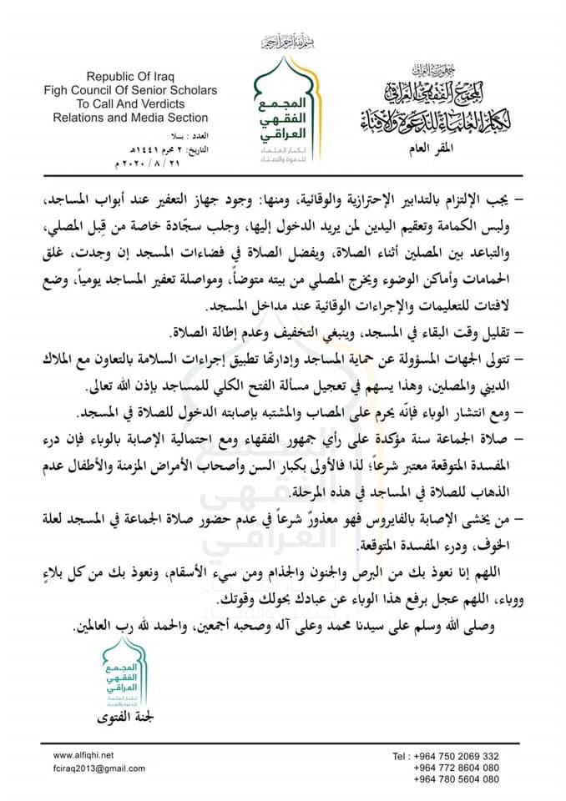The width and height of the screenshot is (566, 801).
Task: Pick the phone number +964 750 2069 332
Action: (457, 756)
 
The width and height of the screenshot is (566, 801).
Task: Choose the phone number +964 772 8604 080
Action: (457, 768)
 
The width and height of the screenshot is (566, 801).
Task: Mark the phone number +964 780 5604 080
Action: (457, 779)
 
